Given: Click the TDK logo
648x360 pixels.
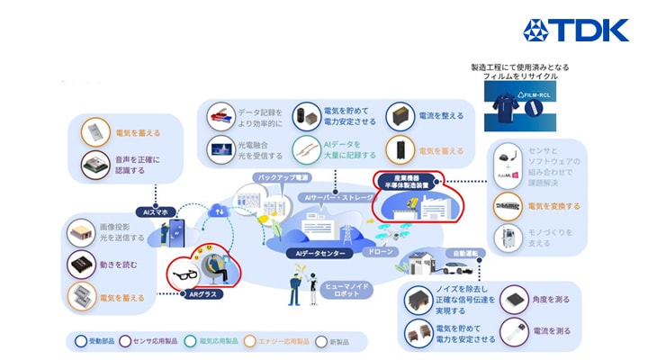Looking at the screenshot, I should (576, 31).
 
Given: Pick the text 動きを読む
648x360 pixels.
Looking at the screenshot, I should (117, 265).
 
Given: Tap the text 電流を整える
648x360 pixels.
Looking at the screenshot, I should (444, 116).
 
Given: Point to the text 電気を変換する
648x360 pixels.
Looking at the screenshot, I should (553, 206).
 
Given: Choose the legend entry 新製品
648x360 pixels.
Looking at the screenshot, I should (338, 341).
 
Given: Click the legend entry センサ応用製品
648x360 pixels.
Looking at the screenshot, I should (151, 341).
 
